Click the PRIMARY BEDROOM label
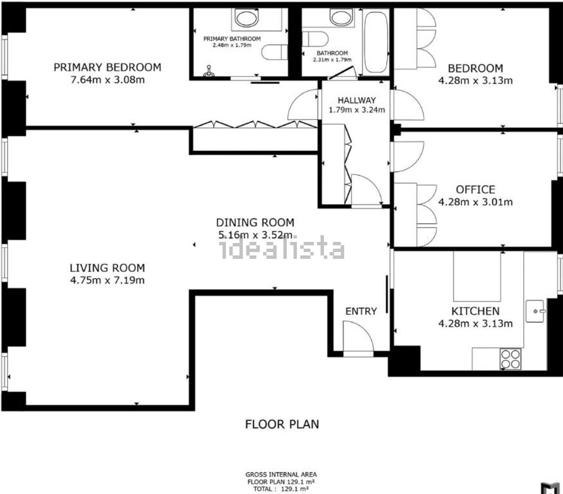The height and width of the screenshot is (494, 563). pos(107,67)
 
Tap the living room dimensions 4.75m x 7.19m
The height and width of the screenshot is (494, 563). pos(107,280)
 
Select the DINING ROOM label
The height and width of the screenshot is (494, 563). pos(255,222)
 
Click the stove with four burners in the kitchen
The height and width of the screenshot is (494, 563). pos(510,359)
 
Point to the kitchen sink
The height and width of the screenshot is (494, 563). pos(535,311)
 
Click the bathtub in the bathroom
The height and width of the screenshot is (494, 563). pos(376,42)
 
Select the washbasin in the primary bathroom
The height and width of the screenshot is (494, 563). pos(247,18)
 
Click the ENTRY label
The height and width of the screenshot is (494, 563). pos(361,311)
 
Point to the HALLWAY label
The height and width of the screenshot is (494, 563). pos(357,100)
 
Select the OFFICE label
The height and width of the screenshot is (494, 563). pos(476,190)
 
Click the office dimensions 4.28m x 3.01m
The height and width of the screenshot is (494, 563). pos(476,202)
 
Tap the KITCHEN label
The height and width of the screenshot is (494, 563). pos(476,311)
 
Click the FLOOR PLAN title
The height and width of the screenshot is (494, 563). pos(282,424)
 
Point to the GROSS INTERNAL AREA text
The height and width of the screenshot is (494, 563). pos(281,474)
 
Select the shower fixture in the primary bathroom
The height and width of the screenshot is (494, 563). pos(209,71)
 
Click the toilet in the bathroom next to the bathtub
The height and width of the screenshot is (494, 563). pos(315,39)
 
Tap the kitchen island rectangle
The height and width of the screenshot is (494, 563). pos(477,276)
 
